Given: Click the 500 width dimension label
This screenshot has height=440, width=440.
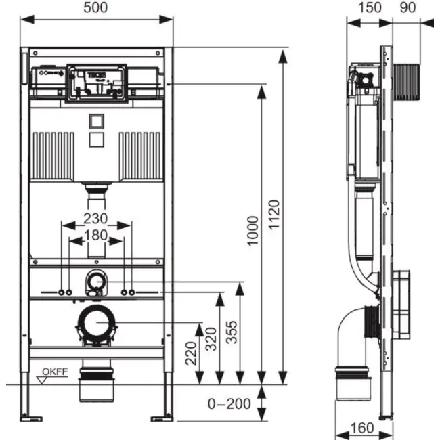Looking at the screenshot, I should pyautogui.click(x=97, y=7).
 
